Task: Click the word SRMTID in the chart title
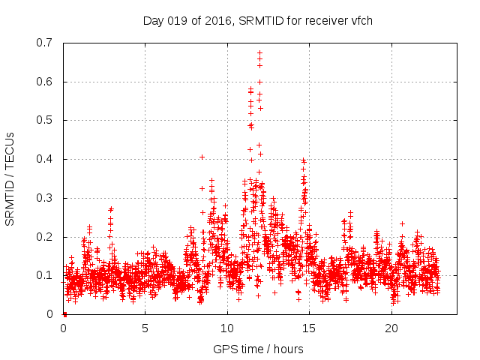(x=260, y=20)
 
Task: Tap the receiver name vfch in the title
(x=361, y=20)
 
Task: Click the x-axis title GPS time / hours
(x=259, y=349)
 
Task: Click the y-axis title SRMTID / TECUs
(x=10, y=178)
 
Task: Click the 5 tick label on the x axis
(x=145, y=328)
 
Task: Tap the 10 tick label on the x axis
(x=228, y=328)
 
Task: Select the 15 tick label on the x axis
(x=310, y=328)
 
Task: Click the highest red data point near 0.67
(x=259, y=53)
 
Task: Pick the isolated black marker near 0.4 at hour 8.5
(x=202, y=157)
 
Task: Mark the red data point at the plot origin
(x=64, y=313)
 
